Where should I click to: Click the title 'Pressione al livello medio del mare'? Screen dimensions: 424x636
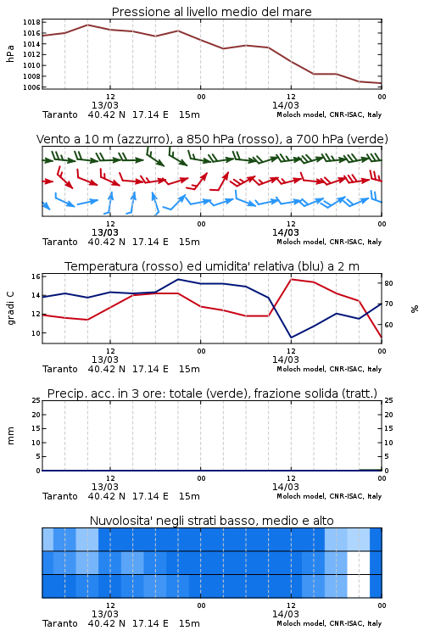click(x=211, y=12)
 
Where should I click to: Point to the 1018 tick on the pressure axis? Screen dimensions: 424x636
click(x=31, y=22)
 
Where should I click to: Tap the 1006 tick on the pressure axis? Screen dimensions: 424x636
click(x=31, y=87)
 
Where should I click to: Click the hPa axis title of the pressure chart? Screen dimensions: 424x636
click(x=10, y=53)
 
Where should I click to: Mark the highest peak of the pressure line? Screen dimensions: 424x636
click(x=87, y=25)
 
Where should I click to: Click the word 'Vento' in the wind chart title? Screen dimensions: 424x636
click(x=50, y=139)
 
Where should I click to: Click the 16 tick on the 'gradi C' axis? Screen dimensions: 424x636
click(x=36, y=276)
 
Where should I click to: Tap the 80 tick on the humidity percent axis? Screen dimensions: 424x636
click(x=388, y=283)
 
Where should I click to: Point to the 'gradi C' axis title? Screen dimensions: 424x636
click(x=10, y=308)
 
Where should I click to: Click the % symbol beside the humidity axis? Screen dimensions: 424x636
click(x=415, y=309)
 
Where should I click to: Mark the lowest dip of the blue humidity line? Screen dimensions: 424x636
click(x=291, y=338)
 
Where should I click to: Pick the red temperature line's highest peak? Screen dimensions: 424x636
click(x=291, y=279)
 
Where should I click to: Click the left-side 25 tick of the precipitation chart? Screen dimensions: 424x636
click(x=36, y=400)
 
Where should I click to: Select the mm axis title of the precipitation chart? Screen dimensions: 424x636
click(x=10, y=436)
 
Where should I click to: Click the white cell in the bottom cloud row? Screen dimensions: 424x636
click(x=359, y=586)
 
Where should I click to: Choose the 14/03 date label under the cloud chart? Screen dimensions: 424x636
click(x=286, y=614)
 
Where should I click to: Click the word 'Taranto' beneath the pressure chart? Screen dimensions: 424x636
click(x=60, y=114)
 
